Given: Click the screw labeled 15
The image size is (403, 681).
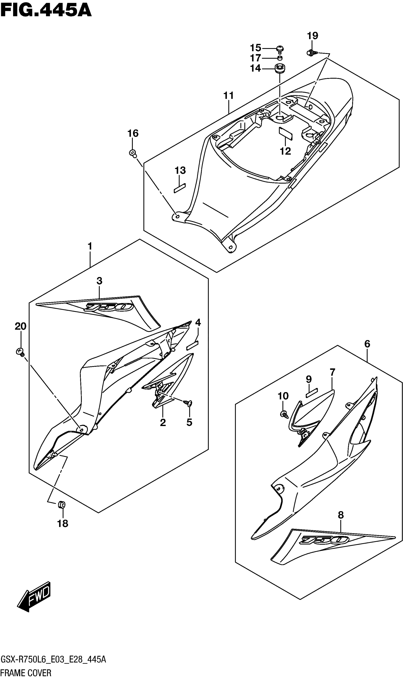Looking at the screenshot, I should pyautogui.click(x=280, y=49).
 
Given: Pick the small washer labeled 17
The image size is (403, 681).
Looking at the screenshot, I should pyautogui.click(x=280, y=58).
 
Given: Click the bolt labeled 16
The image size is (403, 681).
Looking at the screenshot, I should pyautogui.click(x=133, y=153).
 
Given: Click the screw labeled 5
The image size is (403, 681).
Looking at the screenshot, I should pyautogui.click(x=188, y=403).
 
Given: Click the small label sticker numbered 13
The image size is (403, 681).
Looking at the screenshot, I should pyautogui.click(x=179, y=188).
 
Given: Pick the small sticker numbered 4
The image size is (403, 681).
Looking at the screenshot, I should pyautogui.click(x=192, y=345).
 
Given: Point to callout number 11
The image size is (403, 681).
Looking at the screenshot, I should pyautogui.click(x=229, y=95).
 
